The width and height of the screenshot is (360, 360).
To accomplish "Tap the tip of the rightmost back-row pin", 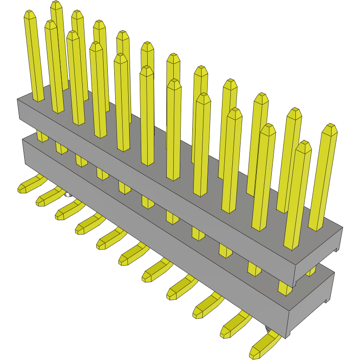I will point(330,128).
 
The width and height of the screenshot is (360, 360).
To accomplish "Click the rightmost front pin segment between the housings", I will point(284,288).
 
